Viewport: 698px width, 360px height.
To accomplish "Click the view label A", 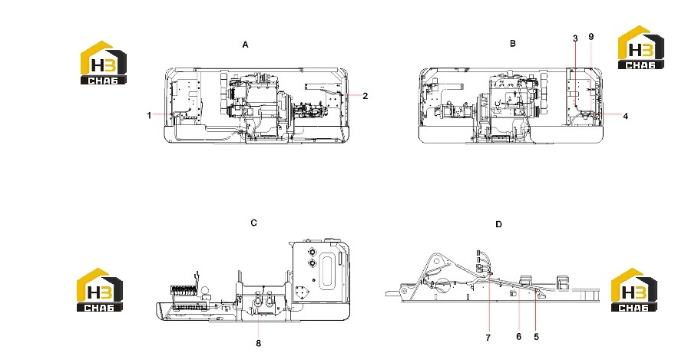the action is click(x=245, y=45).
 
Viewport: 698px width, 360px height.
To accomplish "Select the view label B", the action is click(x=513, y=43).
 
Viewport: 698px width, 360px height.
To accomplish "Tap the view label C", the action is click(x=253, y=223).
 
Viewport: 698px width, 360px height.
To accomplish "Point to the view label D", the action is click(x=498, y=224).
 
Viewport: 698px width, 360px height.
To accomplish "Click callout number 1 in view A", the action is click(x=149, y=115).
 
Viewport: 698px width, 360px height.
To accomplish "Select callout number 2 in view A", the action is click(x=366, y=96).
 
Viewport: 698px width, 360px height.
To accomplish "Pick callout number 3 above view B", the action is click(x=575, y=38).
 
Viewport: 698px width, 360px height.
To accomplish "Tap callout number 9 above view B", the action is click(x=591, y=37).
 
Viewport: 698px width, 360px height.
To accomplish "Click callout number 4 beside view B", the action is click(x=626, y=116).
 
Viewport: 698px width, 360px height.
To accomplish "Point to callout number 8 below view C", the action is click(x=258, y=343).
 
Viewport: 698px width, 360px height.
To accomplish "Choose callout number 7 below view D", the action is click(x=488, y=338).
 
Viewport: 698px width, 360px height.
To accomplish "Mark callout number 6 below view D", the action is click(x=518, y=336).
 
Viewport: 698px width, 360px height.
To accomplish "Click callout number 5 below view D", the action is click(x=537, y=337).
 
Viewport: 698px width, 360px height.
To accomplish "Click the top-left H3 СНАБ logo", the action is click(x=103, y=63).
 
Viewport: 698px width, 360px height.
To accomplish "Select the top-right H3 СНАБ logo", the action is click(x=641, y=48).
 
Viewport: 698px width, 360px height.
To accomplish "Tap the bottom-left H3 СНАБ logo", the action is click(x=100, y=289).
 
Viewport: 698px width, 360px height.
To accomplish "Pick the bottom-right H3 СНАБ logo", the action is click(x=634, y=289).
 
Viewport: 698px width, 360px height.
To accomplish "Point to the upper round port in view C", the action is click(x=311, y=253).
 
